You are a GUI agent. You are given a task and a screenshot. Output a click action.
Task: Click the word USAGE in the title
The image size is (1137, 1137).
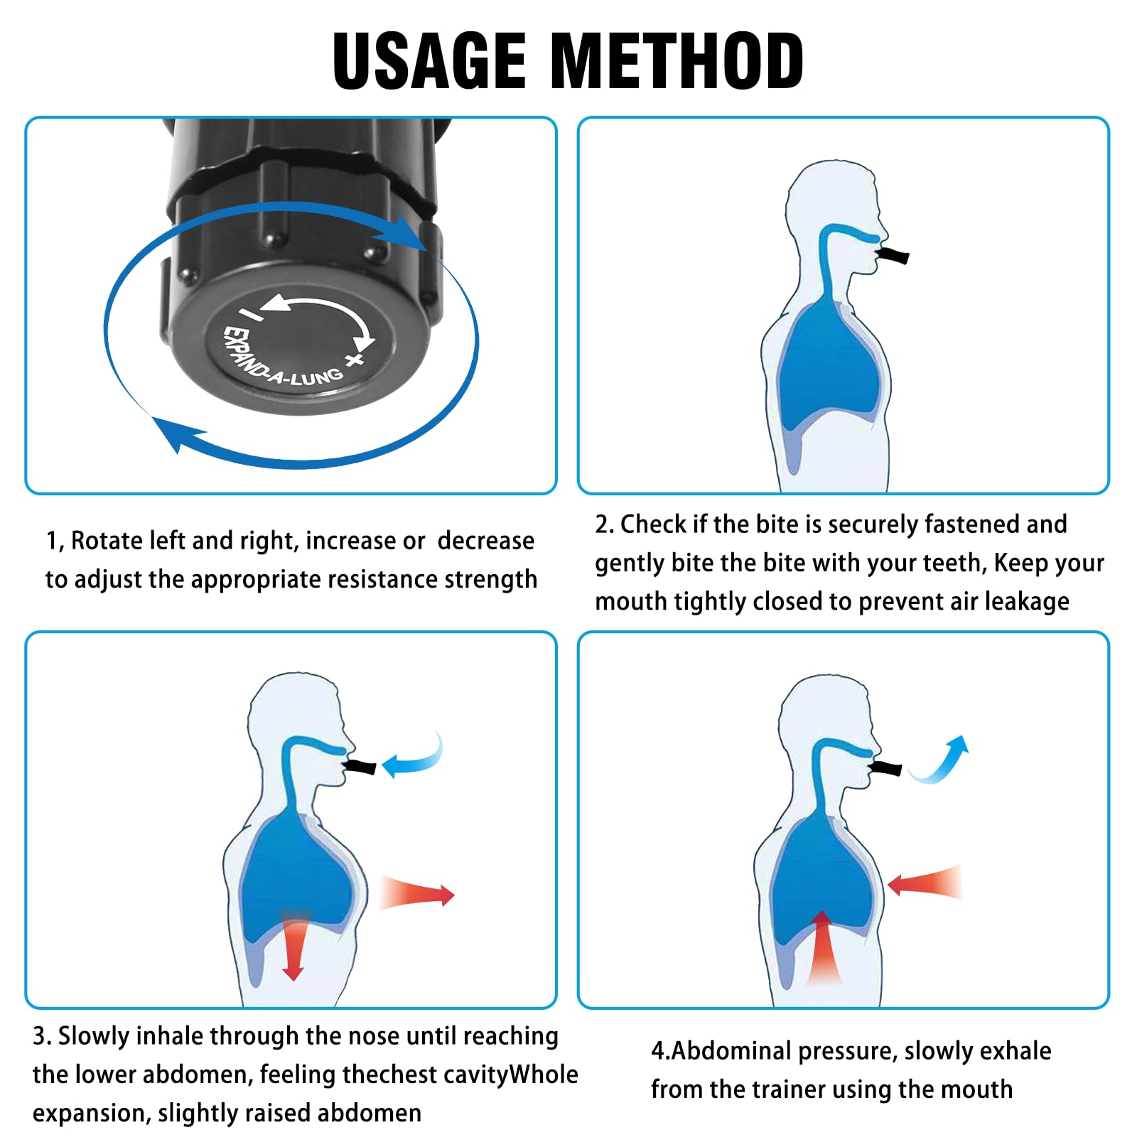[x=429, y=61]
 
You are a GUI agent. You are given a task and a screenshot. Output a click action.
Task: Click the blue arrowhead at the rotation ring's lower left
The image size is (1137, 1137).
[x=174, y=433]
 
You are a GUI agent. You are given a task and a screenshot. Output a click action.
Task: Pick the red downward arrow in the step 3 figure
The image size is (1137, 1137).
[x=293, y=949]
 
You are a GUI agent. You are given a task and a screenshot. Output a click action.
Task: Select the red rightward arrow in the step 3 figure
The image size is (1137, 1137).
[x=419, y=894]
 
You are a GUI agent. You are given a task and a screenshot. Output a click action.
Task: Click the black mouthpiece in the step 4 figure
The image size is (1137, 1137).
[x=887, y=768]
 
